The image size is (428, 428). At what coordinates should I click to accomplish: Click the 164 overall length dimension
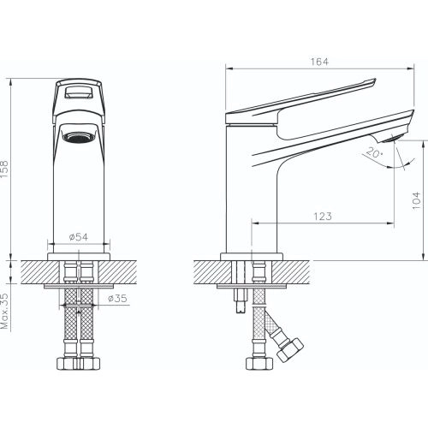(319, 62)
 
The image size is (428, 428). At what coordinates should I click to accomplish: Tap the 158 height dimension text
(5, 169)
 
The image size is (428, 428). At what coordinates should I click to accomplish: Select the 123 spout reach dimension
(323, 217)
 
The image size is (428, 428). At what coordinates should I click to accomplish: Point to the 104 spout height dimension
(417, 201)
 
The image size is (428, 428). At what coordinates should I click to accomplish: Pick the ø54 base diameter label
(79, 237)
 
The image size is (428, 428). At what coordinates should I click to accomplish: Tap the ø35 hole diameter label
(117, 299)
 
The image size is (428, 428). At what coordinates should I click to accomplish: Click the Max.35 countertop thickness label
(5, 311)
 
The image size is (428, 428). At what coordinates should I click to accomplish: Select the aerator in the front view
(79, 137)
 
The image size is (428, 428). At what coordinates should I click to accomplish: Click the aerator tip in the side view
(391, 139)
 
